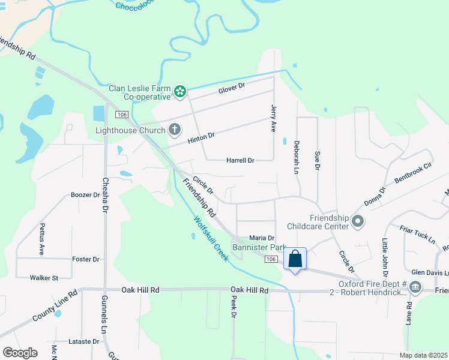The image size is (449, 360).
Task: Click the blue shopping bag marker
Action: click(295, 259)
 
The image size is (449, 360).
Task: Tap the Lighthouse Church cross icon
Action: click(175, 129)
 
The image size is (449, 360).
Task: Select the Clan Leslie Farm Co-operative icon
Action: click(179, 92)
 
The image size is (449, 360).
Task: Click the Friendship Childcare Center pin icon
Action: click(358, 222)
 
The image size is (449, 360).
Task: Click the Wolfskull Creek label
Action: click(211, 238)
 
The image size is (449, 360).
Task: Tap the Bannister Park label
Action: click(259, 247)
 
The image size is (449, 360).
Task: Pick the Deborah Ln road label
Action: click(296, 157)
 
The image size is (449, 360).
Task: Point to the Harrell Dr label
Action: click(240, 161)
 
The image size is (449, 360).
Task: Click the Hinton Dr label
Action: click(200, 137)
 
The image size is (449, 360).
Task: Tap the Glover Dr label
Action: click(232, 88)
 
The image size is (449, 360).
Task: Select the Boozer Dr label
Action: click(85, 195)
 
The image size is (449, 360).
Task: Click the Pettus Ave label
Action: click(42, 239)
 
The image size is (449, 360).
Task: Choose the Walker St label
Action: click(44, 278)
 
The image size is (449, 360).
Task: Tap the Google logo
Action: click(20, 353)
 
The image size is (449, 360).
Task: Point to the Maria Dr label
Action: click(261, 238)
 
